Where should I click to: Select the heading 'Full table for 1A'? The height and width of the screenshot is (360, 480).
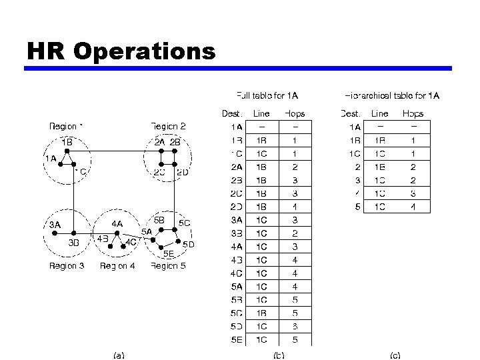267,96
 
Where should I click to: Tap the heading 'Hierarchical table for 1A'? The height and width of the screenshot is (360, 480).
392,96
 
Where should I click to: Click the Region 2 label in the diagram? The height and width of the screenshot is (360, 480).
168,126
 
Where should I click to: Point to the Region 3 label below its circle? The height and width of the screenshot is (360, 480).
67,266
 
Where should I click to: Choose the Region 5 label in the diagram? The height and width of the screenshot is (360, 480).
168,266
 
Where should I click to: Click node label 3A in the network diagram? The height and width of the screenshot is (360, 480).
55,225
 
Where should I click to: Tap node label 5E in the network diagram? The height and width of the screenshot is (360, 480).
169,253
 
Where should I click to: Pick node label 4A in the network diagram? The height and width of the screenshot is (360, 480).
117,224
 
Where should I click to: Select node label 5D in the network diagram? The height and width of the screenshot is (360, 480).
188,244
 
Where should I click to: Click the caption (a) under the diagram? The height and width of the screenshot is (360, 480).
118,355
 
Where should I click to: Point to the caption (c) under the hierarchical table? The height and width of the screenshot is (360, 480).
395,355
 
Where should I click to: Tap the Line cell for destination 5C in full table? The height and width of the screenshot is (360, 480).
262,313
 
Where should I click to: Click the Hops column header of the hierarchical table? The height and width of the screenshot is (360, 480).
413,113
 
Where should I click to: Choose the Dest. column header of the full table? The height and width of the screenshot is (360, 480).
233,113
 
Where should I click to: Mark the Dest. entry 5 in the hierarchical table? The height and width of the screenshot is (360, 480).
358,207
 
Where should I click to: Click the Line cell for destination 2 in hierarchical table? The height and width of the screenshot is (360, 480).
380,167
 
